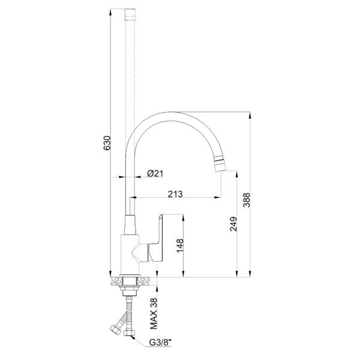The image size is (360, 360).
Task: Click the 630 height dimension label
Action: coord(107,143)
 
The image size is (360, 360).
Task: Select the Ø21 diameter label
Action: coord(155,173)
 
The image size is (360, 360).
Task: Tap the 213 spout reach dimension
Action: coord(175,194)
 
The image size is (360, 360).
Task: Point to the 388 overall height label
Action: coord(247,200)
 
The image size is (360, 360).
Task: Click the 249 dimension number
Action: coord(233,224)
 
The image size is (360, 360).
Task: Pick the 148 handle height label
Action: coord(180,245)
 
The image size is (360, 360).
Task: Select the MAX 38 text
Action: coord(154,313)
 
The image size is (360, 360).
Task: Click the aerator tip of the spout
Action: coord(220,163)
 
